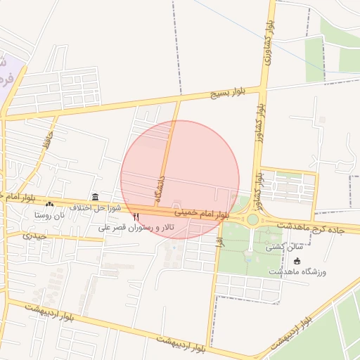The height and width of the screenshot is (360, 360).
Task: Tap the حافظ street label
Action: click(48, 140)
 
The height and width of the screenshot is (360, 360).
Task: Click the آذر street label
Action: click(219, 241)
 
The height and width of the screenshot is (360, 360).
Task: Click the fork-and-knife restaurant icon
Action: click(136, 217)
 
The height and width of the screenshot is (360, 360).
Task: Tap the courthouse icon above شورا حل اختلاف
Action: click(95, 196)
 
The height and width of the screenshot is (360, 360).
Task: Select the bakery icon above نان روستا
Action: click(49, 205)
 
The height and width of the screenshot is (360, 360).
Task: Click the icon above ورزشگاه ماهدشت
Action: click(296, 262)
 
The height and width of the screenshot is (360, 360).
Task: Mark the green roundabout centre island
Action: click(252, 219)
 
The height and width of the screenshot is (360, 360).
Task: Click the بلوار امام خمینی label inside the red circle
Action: click(202, 212)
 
